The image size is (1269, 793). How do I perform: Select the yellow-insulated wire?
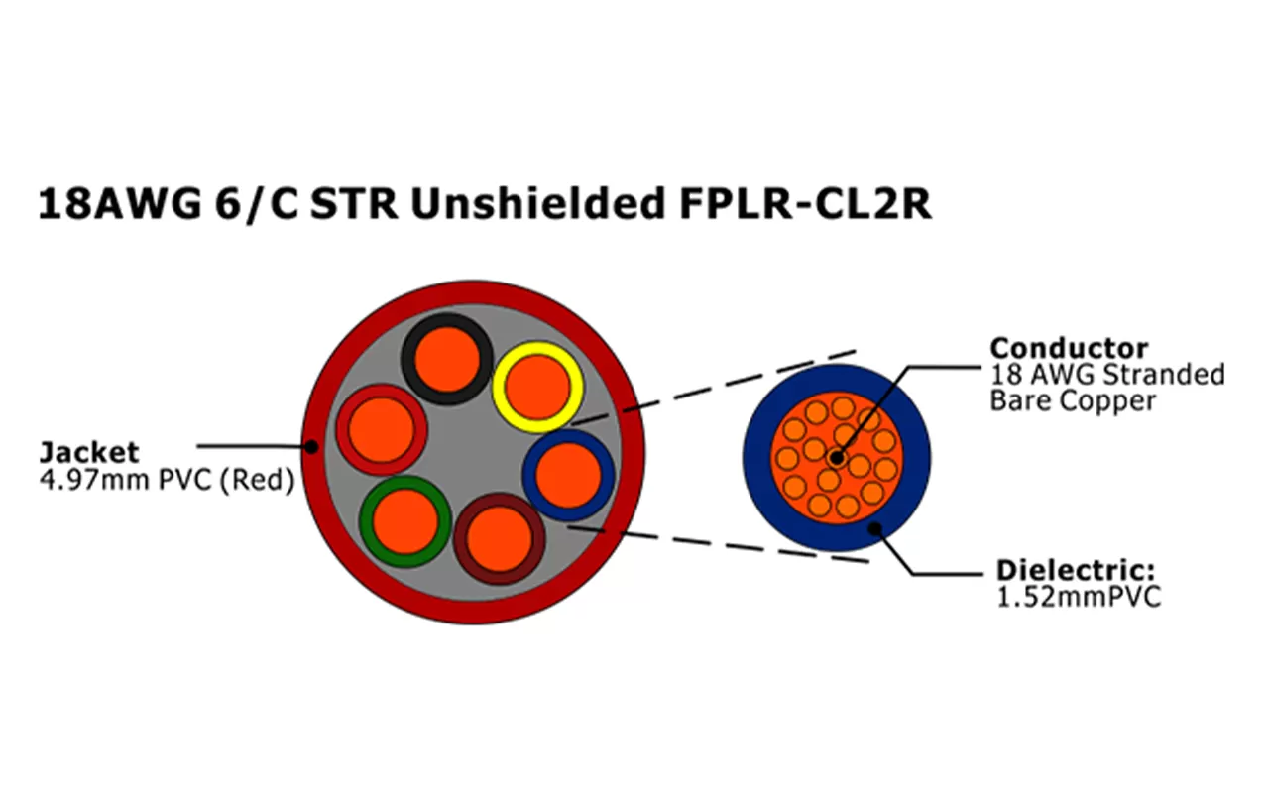click(x=538, y=386)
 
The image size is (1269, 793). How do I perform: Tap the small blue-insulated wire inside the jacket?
click(x=568, y=475)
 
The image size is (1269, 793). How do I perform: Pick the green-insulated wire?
click(x=405, y=521)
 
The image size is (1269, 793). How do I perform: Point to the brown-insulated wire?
click(x=499, y=538)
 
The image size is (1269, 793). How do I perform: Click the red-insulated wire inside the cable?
click(x=382, y=430)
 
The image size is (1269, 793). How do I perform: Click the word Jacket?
click(x=88, y=453)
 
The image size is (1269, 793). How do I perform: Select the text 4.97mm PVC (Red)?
click(x=167, y=482)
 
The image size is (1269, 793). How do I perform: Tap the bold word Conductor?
click(x=1069, y=349)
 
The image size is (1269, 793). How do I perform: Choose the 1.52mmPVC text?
click(x=1078, y=597)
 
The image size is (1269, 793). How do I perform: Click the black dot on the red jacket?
click(x=311, y=447)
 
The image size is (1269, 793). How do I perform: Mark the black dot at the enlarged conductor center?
click(x=837, y=458)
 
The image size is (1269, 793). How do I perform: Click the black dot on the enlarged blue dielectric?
click(x=874, y=528)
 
